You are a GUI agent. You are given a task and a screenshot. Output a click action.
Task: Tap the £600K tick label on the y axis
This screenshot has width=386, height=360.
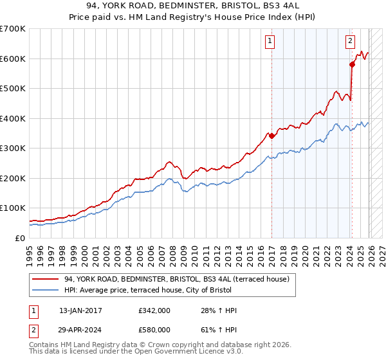click(13, 59)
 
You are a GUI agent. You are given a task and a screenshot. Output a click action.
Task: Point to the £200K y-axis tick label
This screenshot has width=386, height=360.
click(13, 178)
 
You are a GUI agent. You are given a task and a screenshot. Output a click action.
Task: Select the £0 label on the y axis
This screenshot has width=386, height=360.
click(19, 238)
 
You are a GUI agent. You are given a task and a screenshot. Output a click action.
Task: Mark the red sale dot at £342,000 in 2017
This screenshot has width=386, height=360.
click(271, 136)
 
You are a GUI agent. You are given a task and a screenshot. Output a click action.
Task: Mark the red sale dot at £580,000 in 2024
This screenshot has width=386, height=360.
click(352, 64)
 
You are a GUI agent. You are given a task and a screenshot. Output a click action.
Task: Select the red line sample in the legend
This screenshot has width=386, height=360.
click(46, 279)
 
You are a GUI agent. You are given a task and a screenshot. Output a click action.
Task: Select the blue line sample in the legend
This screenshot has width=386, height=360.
click(46, 290)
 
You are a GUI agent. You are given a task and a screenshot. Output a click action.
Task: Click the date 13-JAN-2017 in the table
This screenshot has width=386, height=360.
click(80, 310)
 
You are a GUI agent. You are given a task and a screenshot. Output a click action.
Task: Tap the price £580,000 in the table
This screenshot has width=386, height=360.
click(154, 328)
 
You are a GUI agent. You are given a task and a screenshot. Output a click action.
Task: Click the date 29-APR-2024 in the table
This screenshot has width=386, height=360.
click(80, 328)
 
